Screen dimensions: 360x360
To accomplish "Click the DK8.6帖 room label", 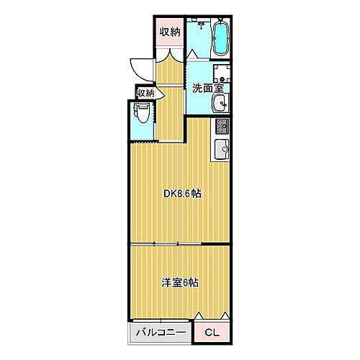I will point(181,193).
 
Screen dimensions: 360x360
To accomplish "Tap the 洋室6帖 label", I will point(180,282).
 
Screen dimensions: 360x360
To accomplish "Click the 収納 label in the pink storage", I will point(170,31).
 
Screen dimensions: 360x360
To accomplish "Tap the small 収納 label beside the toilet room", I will point(145,93).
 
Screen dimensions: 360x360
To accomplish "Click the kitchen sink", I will point(220,150).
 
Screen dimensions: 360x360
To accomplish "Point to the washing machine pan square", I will point(221,75).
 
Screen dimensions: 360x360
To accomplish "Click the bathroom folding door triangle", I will point(193,55).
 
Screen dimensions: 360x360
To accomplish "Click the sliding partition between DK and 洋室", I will point(180,245).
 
